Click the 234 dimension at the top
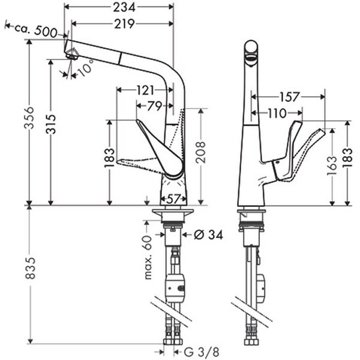124,8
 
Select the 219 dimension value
124,24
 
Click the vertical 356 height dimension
29,118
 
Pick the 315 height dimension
51,124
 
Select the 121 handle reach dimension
145,90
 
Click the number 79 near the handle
155,106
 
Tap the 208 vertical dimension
200,152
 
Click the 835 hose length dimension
30,268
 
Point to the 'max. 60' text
148,257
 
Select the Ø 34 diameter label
208,235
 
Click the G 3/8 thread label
202,352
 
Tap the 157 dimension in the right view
289,97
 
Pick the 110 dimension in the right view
277,113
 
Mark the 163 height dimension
332,166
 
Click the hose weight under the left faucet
175,287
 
